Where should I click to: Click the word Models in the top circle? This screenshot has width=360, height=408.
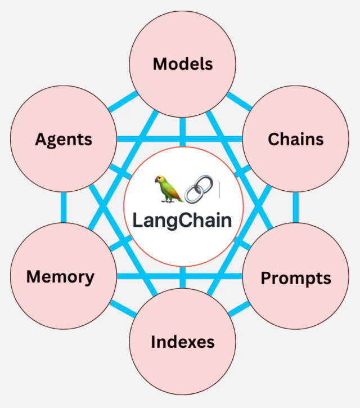tap(183, 64)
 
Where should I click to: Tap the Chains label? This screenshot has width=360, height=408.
tap(296, 139)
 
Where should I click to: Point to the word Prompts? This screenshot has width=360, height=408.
tap(296, 278)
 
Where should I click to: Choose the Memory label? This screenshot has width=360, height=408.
tap(60, 276)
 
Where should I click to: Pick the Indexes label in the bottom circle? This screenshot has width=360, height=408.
tap(183, 342)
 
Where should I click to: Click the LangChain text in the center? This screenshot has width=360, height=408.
tap(182, 219)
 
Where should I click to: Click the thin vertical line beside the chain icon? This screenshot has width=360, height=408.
tap(220, 190)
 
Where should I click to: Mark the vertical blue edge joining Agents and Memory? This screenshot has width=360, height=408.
tap(64, 208)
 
